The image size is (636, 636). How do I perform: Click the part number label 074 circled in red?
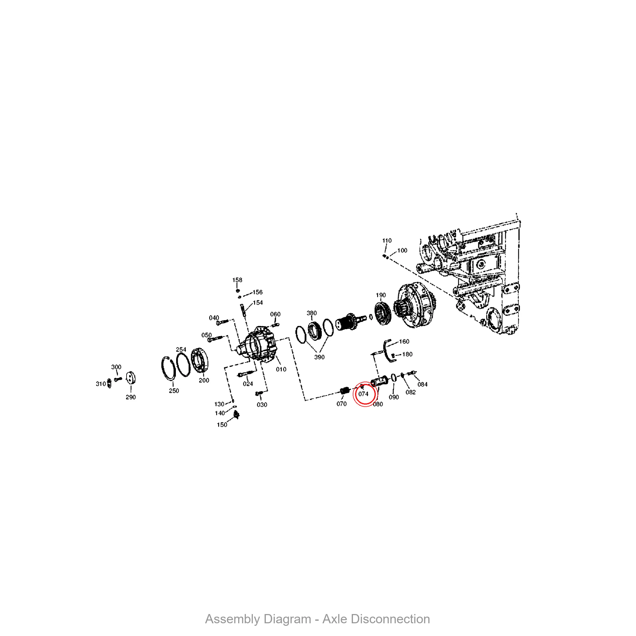(x=363, y=394)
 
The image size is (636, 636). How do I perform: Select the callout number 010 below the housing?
(x=281, y=369)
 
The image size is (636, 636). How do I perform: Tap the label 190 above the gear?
(x=381, y=295)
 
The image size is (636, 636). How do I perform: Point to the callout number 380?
(x=311, y=313)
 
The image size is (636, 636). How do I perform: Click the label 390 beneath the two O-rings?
(x=319, y=357)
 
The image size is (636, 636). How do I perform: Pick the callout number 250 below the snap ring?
(x=174, y=391)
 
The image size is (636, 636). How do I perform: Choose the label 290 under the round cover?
(x=131, y=397)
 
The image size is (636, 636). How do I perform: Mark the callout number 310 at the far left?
(x=100, y=384)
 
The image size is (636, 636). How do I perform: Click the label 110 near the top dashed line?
(x=387, y=241)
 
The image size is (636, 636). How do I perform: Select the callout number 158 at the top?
(x=237, y=280)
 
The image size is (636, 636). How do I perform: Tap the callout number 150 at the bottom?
(x=222, y=425)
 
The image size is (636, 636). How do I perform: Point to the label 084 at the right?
(x=422, y=384)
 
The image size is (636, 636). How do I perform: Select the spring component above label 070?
(x=344, y=391)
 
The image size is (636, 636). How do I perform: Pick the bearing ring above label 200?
(x=200, y=361)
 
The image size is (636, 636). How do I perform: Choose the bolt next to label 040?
(x=223, y=322)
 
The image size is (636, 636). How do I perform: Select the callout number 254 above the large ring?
(x=181, y=349)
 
